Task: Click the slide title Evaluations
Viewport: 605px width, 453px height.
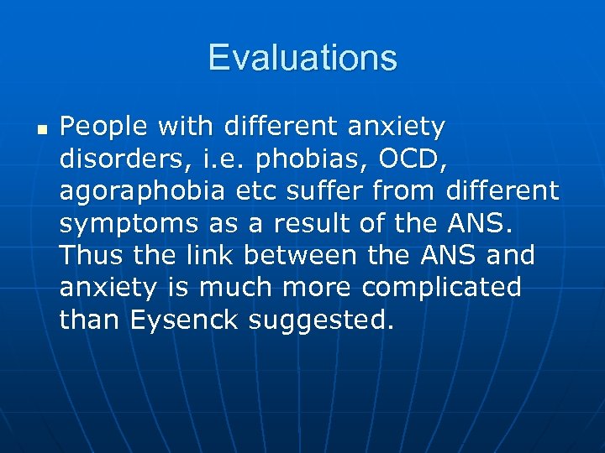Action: tap(302, 58)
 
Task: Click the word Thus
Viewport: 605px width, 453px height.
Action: tap(92, 255)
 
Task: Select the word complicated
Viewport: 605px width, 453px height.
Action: tap(442, 287)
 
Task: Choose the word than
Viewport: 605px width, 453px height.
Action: tap(90, 319)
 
